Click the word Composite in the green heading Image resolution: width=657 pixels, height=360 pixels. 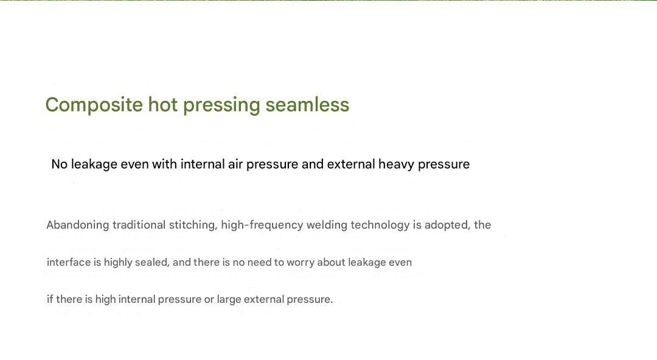pos(94,105)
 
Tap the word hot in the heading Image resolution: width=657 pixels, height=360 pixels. pos(163,105)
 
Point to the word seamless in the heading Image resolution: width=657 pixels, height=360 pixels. pos(307,105)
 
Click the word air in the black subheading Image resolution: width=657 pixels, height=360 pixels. pos(235,164)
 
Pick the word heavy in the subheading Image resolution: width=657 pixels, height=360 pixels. pos(397,164)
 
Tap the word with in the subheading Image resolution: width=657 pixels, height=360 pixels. pos(164,164)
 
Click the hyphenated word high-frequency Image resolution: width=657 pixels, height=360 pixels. pos(262,226)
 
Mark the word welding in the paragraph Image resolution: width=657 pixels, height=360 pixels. pos(327,226)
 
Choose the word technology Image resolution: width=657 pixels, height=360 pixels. pos(380,226)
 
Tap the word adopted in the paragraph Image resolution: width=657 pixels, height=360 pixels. pos(447,226)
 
